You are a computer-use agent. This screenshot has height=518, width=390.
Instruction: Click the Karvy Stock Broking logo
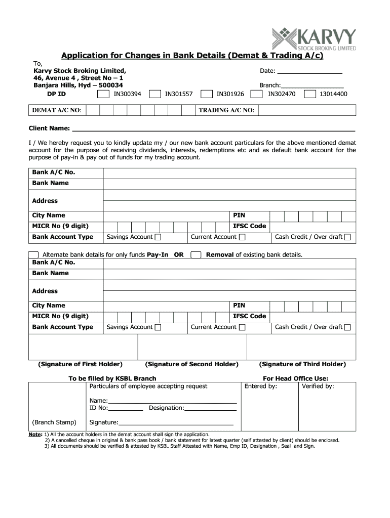tap(314, 39)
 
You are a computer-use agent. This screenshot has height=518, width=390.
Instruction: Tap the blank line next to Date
tap(309, 71)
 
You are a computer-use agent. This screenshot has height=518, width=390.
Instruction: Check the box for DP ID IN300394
tap(103, 94)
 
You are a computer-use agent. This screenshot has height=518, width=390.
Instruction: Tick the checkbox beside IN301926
tap(207, 94)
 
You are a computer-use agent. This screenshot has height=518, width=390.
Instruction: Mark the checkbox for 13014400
tap(309, 94)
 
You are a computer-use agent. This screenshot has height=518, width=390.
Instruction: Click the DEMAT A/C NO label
tap(57, 110)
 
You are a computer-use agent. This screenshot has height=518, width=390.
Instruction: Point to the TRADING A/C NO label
tap(226, 110)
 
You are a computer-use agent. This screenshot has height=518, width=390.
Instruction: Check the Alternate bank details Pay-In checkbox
tap(33, 254)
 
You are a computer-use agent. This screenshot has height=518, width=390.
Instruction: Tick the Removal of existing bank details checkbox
tap(196, 254)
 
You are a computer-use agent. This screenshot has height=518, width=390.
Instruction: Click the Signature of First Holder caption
tap(81, 364)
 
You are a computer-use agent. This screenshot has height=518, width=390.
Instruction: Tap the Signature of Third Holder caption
tap(302, 364)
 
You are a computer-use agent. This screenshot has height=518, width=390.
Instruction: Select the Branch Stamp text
tap(54, 422)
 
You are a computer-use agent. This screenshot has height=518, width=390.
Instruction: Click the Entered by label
tap(261, 386)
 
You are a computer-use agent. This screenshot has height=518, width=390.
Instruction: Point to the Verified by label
tap(318, 386)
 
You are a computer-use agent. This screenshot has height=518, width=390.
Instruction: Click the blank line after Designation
tap(211, 408)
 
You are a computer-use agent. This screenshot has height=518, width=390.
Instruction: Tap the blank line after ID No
tap(126, 408)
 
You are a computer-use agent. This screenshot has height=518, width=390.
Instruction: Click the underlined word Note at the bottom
tap(35, 435)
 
